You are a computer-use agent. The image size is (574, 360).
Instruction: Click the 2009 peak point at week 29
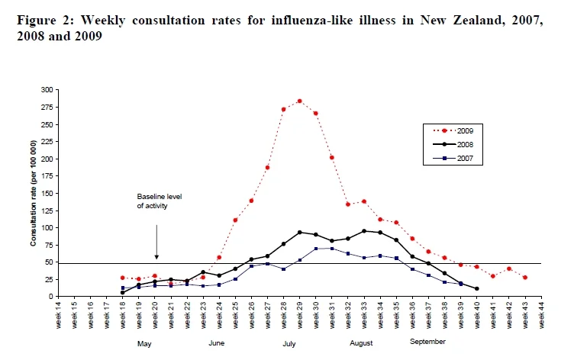click(x=299, y=101)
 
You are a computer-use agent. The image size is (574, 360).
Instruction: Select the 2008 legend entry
click(x=453, y=144)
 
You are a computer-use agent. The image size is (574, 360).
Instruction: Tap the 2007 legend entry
click(x=453, y=159)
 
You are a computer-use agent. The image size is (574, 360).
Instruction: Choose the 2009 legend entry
click(x=453, y=130)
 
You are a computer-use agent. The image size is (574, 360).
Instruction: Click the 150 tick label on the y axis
click(x=48, y=193)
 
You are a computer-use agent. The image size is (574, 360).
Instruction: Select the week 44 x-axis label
click(x=541, y=315)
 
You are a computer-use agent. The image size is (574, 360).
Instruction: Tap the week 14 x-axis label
click(x=58, y=315)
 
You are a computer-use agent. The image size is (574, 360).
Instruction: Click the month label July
click(x=289, y=343)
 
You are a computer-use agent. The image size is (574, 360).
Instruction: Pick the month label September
click(x=427, y=342)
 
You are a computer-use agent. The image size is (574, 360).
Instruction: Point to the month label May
click(x=144, y=344)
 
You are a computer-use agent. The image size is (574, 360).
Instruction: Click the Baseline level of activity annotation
click(x=160, y=201)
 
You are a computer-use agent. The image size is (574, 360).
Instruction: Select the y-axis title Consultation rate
click(x=34, y=193)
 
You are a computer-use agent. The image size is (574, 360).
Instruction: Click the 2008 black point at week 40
click(x=476, y=288)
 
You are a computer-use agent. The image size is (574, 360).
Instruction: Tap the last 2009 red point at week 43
click(x=525, y=278)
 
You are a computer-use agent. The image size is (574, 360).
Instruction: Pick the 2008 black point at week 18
click(x=122, y=293)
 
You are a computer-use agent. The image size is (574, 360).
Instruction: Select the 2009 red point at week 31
click(x=332, y=157)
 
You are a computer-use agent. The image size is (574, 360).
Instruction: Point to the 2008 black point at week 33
click(x=364, y=231)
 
